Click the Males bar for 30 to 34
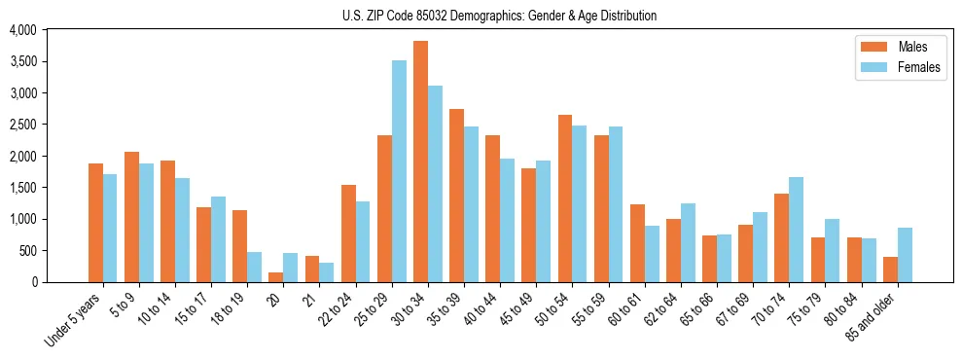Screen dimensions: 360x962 420,162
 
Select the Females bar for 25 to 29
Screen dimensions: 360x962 399,171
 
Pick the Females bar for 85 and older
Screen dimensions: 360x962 905,255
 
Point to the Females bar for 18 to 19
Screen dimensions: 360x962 254,268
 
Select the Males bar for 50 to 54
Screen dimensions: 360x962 564,198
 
